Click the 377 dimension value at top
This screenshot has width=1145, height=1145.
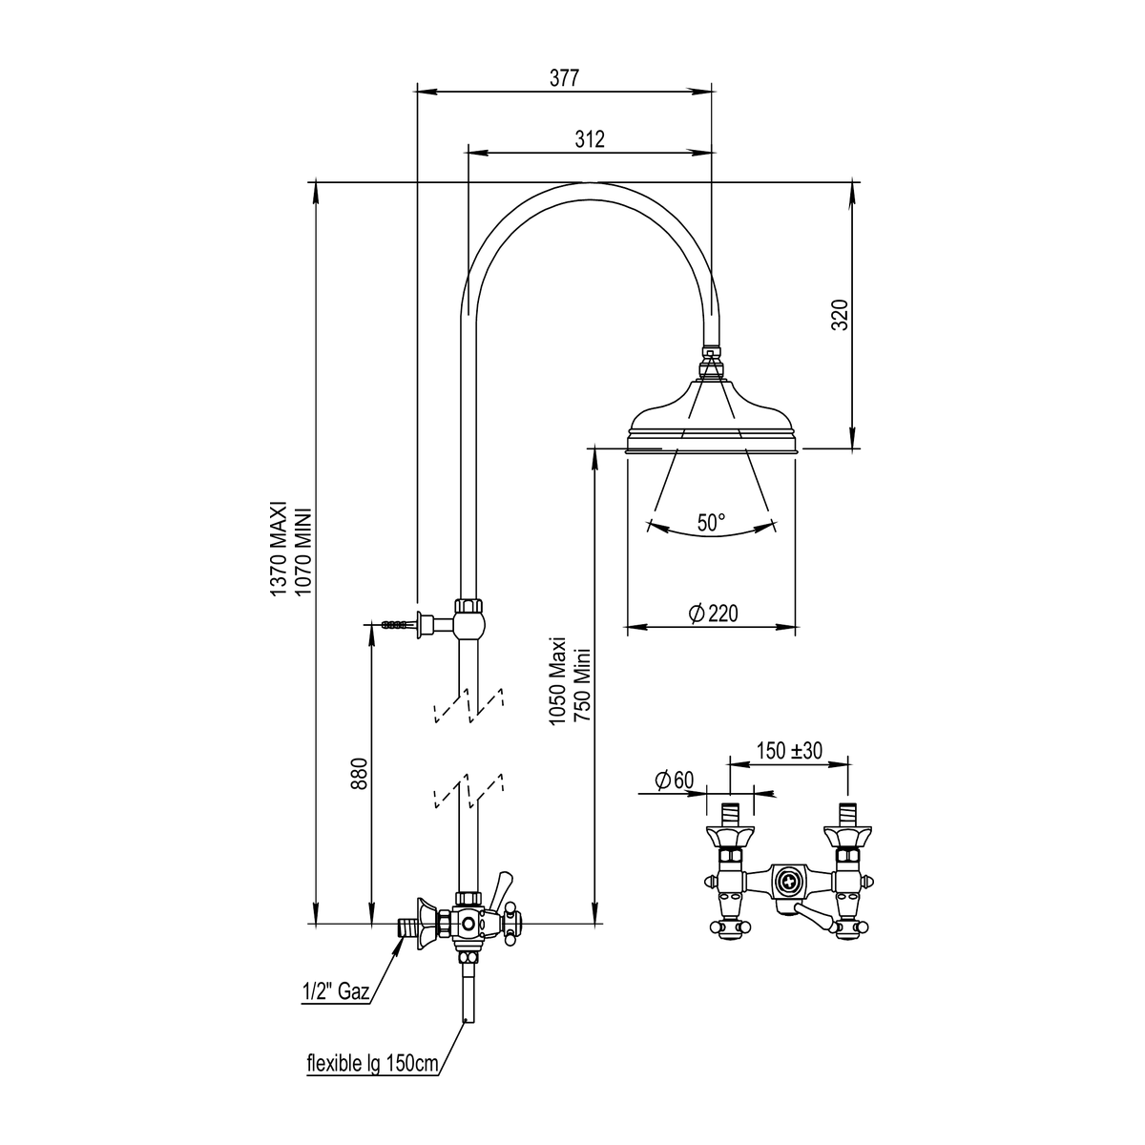(x=563, y=78)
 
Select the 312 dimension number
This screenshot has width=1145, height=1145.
(x=590, y=139)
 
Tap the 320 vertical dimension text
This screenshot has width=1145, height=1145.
(x=840, y=315)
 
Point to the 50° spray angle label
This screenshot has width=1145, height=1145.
(x=711, y=523)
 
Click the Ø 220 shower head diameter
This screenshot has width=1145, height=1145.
(x=713, y=614)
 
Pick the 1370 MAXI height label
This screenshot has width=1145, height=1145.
(x=279, y=549)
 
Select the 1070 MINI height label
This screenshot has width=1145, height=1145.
(x=302, y=552)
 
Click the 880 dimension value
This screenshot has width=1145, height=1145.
(x=360, y=773)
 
